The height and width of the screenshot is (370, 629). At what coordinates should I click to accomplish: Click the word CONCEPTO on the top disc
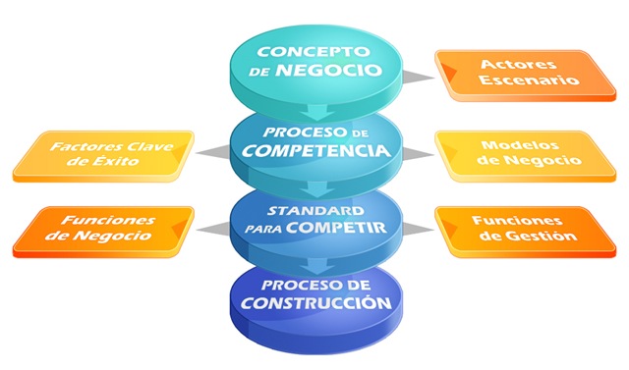[x=314, y=52]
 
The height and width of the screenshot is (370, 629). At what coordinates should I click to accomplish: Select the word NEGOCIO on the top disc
[x=328, y=70]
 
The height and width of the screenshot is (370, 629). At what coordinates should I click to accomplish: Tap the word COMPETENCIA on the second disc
[x=316, y=150]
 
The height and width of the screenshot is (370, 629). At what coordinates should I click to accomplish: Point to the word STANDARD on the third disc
[x=315, y=211]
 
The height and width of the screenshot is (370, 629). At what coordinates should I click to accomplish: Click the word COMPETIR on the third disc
[x=336, y=228]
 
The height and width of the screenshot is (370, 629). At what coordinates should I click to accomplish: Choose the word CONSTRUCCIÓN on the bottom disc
[x=316, y=302]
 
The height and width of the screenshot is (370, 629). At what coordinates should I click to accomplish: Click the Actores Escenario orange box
[x=526, y=76]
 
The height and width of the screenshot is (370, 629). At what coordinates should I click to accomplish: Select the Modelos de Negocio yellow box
[x=526, y=156]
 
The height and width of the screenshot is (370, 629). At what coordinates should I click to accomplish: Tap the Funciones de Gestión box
[x=526, y=232]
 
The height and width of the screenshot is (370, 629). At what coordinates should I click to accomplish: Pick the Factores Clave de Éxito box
[x=103, y=156]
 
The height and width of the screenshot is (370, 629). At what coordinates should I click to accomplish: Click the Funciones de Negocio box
[x=103, y=232]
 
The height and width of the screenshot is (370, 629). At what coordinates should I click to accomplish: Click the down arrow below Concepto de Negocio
[x=317, y=112]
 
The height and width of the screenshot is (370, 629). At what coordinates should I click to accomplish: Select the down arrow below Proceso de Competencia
[x=317, y=188]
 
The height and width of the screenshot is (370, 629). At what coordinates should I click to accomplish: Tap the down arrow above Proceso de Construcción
[x=317, y=266]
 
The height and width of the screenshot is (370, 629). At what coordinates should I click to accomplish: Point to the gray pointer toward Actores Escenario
[x=419, y=78]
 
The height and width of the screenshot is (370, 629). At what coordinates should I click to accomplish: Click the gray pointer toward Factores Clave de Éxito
[x=212, y=152]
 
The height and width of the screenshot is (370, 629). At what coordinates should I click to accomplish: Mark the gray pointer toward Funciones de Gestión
[x=419, y=230]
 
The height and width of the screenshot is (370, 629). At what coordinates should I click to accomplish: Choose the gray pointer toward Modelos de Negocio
[x=419, y=154]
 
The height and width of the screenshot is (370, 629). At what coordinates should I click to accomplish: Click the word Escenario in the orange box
[x=529, y=79]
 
